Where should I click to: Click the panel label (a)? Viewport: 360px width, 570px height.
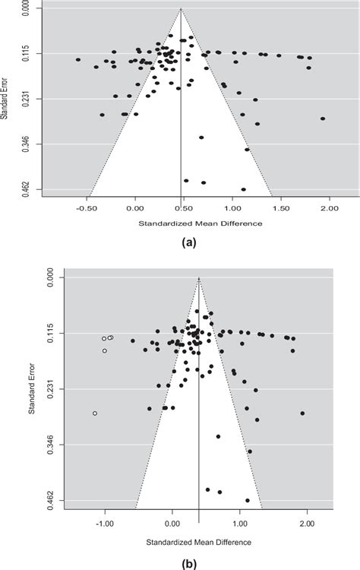coord(189,242)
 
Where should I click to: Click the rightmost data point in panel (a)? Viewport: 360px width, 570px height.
coord(323,119)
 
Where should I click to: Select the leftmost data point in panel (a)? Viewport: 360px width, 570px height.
coord(78,59)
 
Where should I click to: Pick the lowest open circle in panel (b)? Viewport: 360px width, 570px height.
coord(95,413)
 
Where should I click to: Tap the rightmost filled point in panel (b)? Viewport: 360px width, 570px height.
coord(302,413)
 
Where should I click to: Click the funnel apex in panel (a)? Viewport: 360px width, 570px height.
coord(181,8)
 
